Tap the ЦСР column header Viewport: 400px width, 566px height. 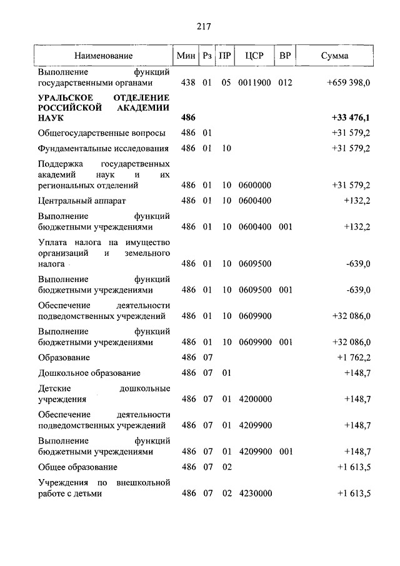(x=255, y=56)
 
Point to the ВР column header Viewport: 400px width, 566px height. (x=285, y=56)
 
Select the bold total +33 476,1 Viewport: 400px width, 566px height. (x=351, y=118)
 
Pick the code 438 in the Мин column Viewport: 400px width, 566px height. (x=188, y=83)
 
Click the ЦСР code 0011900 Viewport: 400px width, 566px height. (x=254, y=83)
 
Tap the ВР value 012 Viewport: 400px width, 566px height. (x=285, y=83)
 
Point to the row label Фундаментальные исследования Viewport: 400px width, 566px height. (x=103, y=149)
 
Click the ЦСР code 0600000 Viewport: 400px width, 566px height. (x=254, y=186)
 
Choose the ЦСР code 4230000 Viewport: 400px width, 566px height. (x=254, y=493)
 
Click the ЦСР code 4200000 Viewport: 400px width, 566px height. (x=254, y=399)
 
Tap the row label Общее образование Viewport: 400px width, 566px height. (x=77, y=467)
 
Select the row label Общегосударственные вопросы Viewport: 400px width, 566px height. (x=102, y=133)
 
